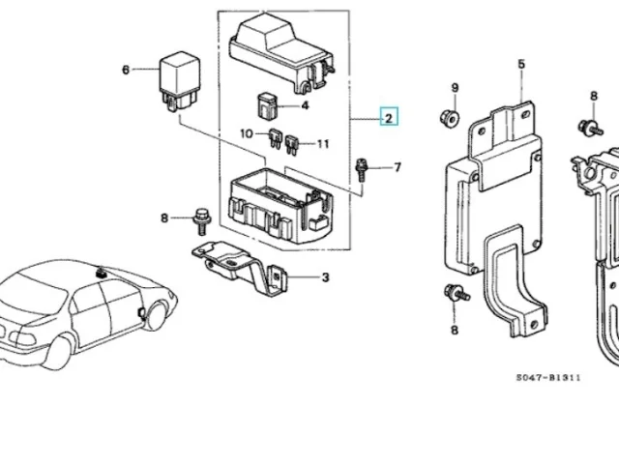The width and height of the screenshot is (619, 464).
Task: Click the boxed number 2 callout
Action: pos(389,116)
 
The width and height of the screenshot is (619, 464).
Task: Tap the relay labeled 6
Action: pos(180,81)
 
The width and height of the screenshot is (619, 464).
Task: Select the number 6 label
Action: pos(126,70)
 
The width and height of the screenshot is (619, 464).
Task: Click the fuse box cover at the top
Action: pos(282,52)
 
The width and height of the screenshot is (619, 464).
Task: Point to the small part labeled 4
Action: pos(267,105)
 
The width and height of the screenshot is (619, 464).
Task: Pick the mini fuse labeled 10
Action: pos(276,138)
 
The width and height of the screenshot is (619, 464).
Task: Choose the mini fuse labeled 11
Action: pos(292,145)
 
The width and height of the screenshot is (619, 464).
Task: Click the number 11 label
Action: pos(323,144)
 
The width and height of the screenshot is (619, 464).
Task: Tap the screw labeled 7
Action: pos(361,170)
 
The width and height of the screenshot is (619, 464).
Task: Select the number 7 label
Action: pos(398,167)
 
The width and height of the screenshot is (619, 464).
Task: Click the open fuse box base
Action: pos(281,205)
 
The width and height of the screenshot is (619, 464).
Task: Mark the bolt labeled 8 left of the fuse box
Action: pos(202,221)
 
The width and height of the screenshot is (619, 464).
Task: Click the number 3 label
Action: pos(325,277)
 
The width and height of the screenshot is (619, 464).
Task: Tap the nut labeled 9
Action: pos(449,118)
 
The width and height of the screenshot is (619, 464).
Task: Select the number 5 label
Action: pos(521,64)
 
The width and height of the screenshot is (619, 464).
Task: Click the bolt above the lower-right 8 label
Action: pos(457,293)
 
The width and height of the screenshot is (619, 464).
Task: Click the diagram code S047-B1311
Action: pos(548,378)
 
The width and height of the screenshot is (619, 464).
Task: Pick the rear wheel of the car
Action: pos(58,352)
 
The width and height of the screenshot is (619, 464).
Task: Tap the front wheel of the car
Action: pos(155,314)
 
